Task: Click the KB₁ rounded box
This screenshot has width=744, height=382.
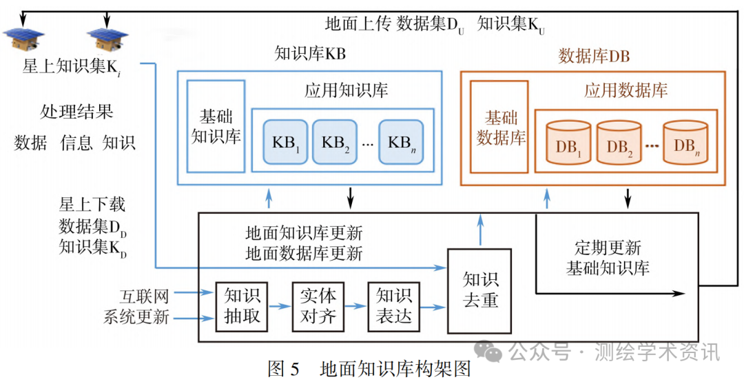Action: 285,141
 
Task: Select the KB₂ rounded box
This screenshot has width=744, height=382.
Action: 335,141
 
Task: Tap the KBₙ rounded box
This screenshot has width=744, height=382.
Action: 401,141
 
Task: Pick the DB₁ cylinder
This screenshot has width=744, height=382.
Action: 568,143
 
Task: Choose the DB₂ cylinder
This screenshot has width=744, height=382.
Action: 619,143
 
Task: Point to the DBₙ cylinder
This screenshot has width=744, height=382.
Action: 685,143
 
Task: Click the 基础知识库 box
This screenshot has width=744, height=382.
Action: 216,126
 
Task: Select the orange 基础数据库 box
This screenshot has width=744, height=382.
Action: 499,127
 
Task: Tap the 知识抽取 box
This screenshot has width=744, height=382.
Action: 242,306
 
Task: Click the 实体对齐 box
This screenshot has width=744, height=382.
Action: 318,306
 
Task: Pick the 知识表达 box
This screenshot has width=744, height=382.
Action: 394,306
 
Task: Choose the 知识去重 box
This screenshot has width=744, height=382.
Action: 480,291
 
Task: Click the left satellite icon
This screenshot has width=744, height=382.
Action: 23,39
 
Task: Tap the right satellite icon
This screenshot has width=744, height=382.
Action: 107,39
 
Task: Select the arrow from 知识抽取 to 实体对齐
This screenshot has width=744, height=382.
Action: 280,306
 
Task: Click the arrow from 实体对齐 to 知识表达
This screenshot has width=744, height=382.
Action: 356,306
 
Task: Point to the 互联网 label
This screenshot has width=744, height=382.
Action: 144,296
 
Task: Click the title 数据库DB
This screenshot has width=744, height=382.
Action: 594,56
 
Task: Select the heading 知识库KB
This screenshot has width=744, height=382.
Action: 310,54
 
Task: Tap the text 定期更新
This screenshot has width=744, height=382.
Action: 608,248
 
